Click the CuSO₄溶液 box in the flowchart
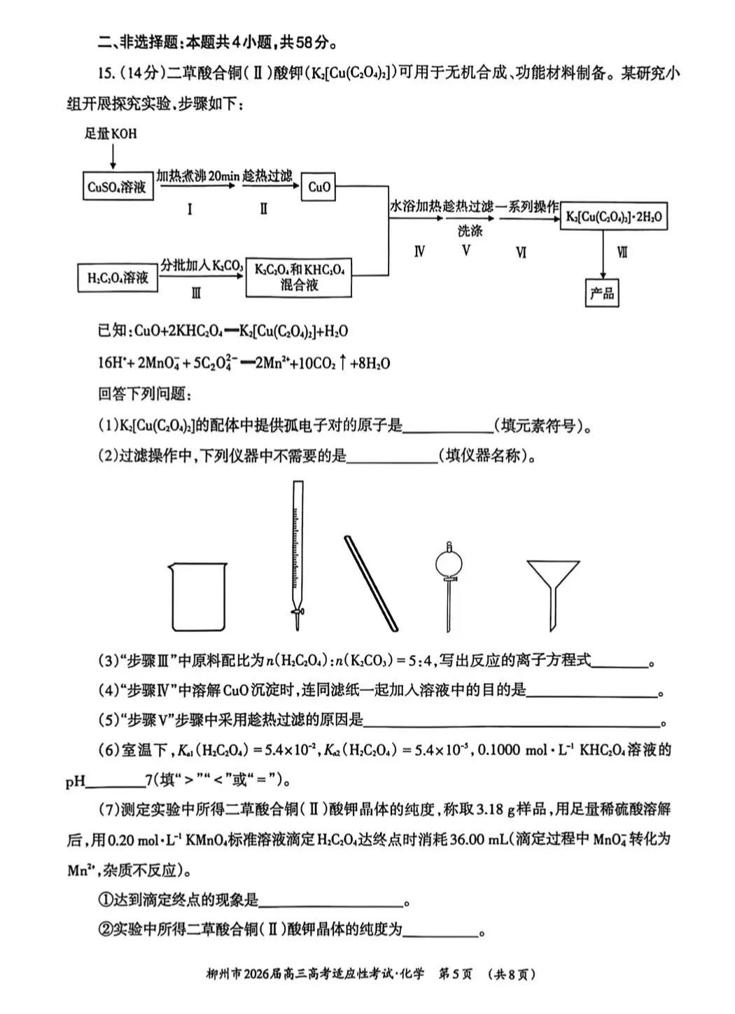(117, 187)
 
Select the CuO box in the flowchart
(318, 187)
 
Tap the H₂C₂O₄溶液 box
(117, 278)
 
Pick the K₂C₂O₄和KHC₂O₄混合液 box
(299, 276)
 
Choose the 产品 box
(602, 293)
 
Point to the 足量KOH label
(111, 133)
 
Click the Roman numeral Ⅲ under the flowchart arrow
(195, 293)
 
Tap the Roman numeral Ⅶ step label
(622, 252)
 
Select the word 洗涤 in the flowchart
(470, 230)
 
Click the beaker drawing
(198, 596)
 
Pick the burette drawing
(297, 553)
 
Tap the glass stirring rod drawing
(370, 582)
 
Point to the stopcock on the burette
(299, 614)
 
